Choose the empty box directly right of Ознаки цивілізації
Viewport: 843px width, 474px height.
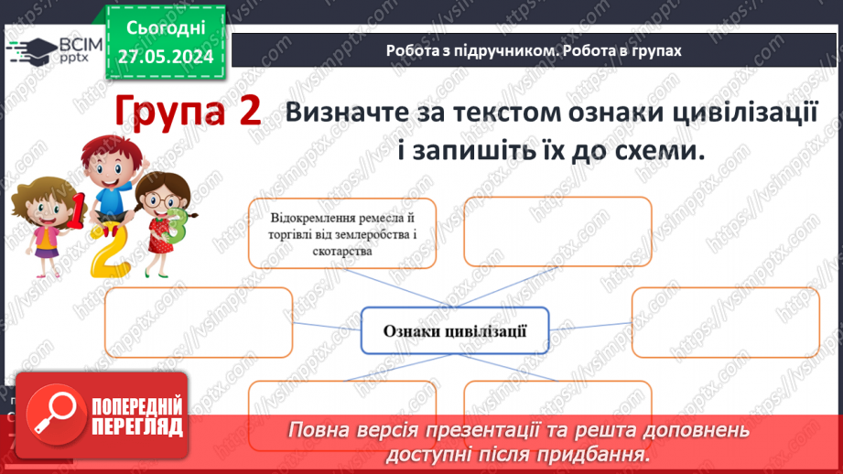[x=725, y=322]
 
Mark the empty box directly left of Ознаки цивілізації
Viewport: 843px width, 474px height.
[x=199, y=322]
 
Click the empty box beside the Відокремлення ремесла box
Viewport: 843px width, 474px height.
[x=557, y=232]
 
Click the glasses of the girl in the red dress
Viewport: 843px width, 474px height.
[x=161, y=199]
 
